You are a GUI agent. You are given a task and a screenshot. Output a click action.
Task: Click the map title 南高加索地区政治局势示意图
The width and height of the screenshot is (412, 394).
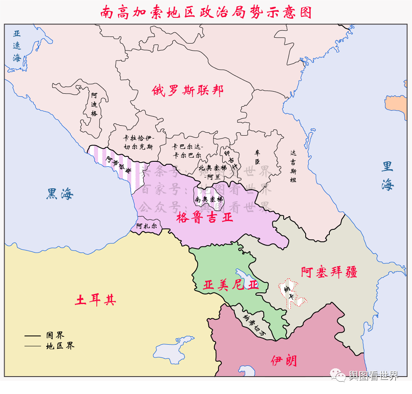[x=206, y=12]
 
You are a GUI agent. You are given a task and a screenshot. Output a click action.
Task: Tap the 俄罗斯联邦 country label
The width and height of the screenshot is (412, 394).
[x=188, y=90]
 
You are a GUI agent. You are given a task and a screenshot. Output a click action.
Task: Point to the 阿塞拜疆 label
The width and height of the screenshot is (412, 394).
[x=329, y=272]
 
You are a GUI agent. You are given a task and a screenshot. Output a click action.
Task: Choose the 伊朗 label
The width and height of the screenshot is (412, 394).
[x=284, y=360]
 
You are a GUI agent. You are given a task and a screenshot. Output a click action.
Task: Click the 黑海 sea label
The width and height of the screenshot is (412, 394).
[x=60, y=193]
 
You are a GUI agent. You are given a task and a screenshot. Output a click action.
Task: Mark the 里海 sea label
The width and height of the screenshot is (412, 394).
[x=387, y=176]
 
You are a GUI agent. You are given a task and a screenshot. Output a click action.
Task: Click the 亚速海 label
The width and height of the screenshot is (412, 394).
[x=17, y=46]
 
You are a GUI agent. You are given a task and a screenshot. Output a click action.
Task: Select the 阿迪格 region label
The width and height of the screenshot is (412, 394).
[x=94, y=104]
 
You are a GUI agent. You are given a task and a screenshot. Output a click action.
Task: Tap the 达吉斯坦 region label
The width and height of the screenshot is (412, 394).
[x=293, y=166]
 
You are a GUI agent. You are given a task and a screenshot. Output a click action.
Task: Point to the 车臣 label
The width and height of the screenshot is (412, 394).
[x=257, y=157]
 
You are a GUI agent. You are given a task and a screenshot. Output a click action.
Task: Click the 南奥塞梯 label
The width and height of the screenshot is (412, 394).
[x=209, y=199]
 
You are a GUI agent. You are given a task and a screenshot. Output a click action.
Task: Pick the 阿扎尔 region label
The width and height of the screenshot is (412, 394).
[x=147, y=226]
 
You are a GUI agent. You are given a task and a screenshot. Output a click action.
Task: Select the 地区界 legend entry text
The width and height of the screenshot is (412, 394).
[x=60, y=346]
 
